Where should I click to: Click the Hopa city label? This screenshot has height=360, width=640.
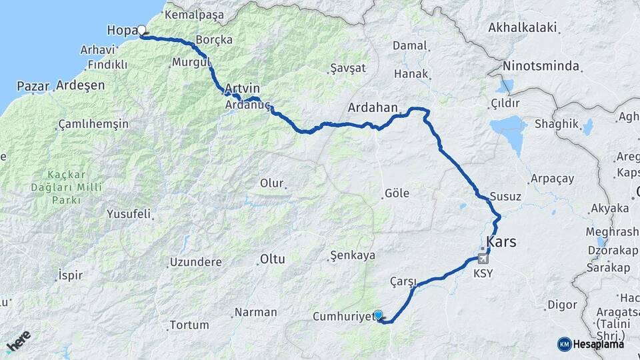point(121,30)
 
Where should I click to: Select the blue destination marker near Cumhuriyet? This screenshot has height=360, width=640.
point(378,315)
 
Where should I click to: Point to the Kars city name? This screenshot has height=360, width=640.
point(501,241)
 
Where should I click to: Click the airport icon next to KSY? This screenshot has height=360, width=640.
point(483,259)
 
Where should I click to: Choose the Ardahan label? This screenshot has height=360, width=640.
point(373,107)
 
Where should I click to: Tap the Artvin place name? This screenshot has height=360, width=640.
point(242,88)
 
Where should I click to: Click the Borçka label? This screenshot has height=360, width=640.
point(214,40)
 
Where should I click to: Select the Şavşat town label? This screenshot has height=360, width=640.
point(348,69)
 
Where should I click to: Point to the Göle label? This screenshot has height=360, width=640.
point(397,194)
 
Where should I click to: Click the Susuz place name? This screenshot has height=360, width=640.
point(505,197)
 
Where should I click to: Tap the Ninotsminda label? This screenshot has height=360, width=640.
point(541,67)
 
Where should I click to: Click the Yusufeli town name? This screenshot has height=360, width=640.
point(129,215)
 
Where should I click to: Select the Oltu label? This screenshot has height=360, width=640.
point(272,258)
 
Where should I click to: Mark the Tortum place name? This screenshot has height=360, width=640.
point(189,325)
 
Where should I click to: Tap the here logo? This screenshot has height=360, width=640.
point(18,341)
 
